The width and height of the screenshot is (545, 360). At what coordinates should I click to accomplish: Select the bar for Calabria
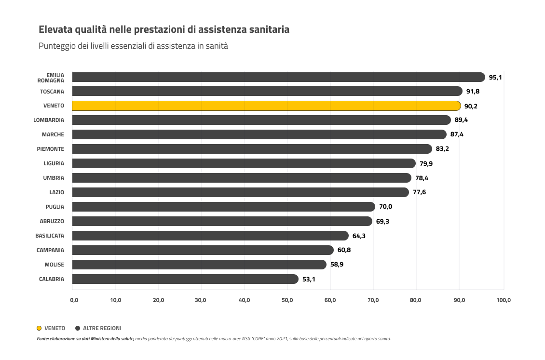coord(185,279)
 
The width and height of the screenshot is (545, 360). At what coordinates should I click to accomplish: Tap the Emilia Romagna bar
coord(278,77)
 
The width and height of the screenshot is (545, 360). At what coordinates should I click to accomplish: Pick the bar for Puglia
coord(223,207)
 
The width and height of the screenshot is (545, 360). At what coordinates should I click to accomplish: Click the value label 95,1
coord(495,77)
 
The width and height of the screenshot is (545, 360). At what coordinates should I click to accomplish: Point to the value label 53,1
coord(309,279)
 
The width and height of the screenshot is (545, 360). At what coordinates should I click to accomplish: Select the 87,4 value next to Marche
coord(457,134)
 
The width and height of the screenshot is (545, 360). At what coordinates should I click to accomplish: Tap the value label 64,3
coord(359,236)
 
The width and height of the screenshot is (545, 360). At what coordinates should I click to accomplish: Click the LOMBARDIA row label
coord(49,120)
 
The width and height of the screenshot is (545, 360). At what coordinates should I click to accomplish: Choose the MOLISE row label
coord(54,265)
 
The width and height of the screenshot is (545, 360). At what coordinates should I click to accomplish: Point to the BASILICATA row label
coord(50,236)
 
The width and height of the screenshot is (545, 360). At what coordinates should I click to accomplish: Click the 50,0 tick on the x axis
coord(287,300)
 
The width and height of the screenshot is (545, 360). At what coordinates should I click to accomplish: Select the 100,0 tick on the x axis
coord(504,300)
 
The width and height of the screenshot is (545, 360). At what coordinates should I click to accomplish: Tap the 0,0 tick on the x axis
coord(74,300)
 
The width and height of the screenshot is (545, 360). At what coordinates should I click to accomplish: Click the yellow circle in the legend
coord(39,328)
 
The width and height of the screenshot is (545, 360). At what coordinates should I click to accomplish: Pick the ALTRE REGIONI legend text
coord(102,328)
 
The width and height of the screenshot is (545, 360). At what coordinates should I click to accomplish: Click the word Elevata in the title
coord(55,29)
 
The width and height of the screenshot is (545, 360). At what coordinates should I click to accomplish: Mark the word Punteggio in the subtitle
coord(56,47)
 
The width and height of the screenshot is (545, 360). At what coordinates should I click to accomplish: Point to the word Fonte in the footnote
coord(42,339)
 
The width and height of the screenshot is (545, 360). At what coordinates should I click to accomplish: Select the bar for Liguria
coord(244,163)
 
